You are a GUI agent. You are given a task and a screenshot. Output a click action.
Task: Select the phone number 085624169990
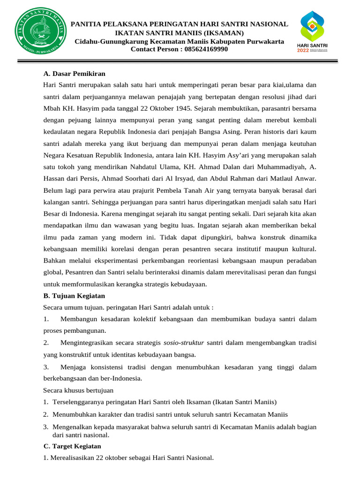pos(206,49)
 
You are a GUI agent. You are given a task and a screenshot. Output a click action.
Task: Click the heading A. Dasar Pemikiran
pos(74,74)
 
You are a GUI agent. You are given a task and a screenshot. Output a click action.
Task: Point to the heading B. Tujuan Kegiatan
pos(74,296)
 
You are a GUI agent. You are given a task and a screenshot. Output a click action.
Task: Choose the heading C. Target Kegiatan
pos(72,446)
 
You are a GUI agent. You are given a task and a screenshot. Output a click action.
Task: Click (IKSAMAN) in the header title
pos(220,32)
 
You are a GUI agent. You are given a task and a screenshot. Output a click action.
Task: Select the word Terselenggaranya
pos(77,402)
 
